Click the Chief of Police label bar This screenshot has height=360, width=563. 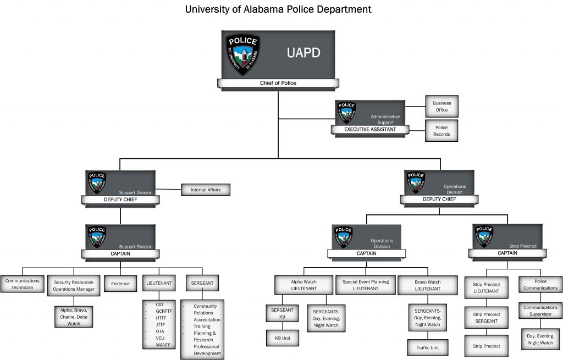278,83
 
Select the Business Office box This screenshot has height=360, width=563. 441,106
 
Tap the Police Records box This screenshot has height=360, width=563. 441,131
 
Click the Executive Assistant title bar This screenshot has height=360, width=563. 370,129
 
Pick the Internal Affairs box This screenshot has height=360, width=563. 206,190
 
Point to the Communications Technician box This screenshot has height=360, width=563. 23,284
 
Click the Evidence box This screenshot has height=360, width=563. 120,284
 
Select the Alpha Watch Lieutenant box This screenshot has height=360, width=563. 304,285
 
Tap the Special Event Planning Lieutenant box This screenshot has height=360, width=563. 365,285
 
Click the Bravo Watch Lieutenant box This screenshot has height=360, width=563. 427,285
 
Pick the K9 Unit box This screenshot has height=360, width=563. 283,338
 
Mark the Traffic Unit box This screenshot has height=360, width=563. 427,347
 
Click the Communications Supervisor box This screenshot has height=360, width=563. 540,311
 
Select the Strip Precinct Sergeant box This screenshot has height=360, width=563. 485,318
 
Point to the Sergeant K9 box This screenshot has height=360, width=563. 283,313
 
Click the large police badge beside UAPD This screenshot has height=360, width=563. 242,54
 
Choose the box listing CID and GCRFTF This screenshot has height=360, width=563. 159,324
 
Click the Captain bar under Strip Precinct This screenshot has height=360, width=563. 507,253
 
